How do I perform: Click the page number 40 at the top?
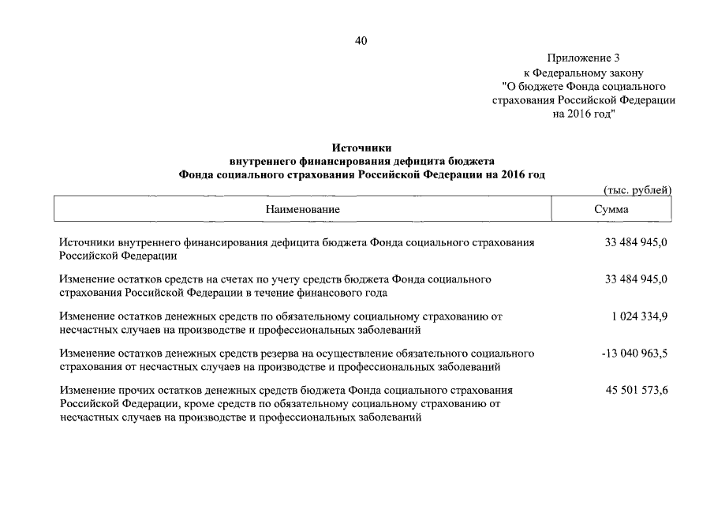click(361, 41)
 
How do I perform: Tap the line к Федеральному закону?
click(584, 73)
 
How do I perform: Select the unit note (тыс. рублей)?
click(637, 190)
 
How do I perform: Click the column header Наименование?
click(302, 210)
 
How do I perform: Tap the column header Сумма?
click(611, 210)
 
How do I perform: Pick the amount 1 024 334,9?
click(639, 316)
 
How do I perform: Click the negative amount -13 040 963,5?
click(634, 353)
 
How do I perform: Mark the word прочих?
click(134, 390)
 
